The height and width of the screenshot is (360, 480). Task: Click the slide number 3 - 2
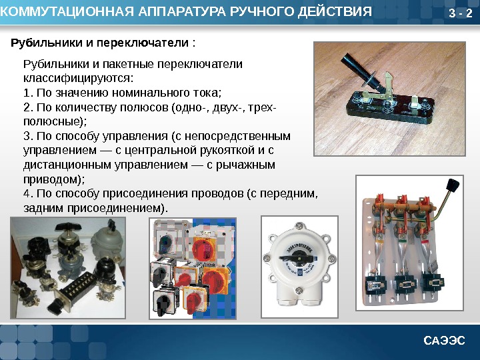pos(461,13)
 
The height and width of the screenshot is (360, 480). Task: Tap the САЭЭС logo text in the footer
pos(444,341)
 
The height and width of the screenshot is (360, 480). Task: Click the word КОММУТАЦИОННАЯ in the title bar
pos(67,11)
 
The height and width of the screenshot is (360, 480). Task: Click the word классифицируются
pos(79,79)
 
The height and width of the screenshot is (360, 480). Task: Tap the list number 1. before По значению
pos(29,93)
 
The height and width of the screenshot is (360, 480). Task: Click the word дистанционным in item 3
pos(67,165)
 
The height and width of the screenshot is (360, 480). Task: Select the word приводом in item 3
pos(52,179)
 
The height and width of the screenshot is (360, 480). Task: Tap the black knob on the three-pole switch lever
pos(453,185)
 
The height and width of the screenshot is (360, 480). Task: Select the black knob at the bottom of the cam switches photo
pos(161,303)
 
